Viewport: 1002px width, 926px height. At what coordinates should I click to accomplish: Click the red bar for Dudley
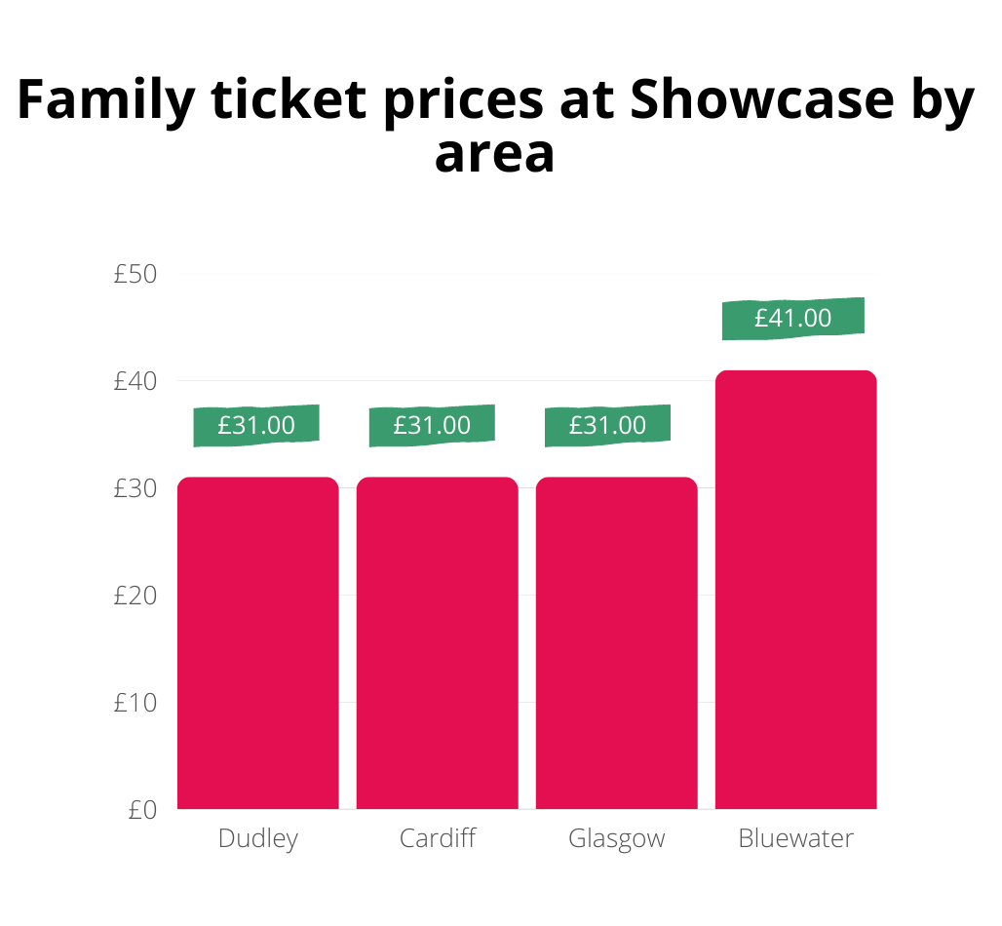point(258,643)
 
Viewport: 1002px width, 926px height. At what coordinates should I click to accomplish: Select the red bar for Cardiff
point(437,643)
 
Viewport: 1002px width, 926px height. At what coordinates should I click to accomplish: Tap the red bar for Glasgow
point(617,643)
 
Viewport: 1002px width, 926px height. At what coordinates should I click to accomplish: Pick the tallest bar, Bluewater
point(796,590)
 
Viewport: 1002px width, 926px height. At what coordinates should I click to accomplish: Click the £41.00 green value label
point(793,319)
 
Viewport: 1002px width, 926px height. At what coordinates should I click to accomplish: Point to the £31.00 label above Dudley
point(256,426)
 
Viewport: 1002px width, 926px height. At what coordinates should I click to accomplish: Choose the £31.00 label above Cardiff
point(432,426)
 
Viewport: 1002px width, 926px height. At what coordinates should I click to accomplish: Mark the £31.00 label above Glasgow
point(607,426)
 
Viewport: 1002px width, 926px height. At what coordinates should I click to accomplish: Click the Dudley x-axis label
point(258,839)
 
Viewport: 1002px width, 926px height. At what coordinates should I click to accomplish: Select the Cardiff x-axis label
point(438,838)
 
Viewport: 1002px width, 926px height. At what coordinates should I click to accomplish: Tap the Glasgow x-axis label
point(617,839)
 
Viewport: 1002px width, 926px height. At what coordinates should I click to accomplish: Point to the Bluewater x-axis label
point(796,838)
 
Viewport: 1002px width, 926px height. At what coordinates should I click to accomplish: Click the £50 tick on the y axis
point(135,274)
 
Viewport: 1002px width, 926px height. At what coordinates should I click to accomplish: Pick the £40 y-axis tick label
point(135,381)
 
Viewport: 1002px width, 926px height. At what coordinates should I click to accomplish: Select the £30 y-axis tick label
point(135,488)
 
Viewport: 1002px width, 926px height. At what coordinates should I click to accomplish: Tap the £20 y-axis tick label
point(135,596)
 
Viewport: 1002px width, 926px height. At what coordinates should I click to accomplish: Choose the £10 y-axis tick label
point(135,703)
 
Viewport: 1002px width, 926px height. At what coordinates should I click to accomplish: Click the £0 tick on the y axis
point(142,810)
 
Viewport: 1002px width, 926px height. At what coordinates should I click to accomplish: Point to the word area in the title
point(495,153)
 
